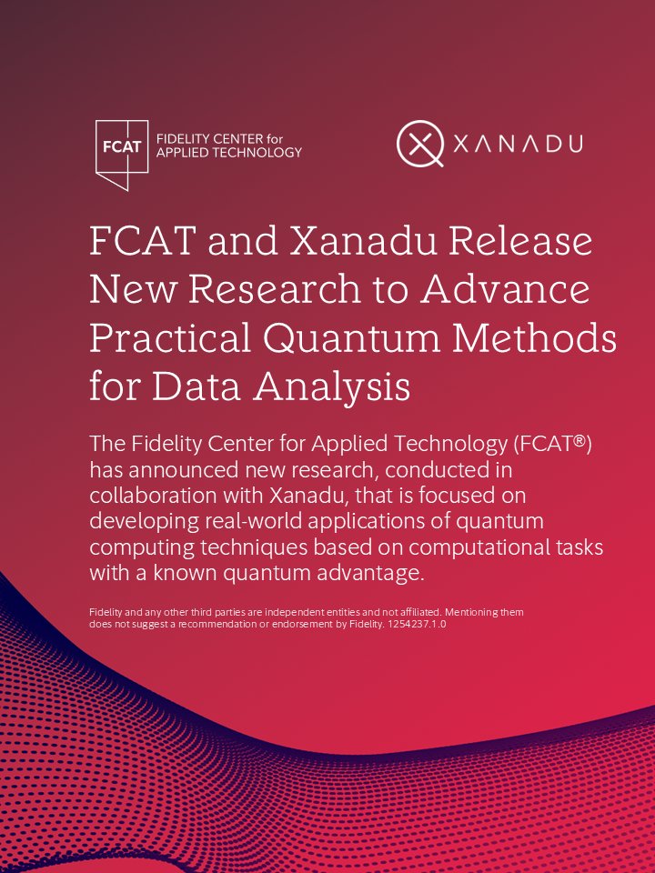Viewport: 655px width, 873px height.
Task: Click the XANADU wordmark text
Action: coord(518,144)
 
